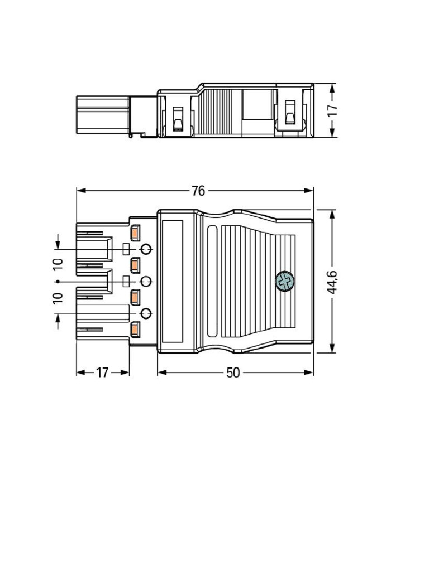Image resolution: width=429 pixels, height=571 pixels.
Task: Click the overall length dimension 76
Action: click(x=198, y=191)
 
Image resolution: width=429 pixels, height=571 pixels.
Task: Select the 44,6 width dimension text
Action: click(x=332, y=282)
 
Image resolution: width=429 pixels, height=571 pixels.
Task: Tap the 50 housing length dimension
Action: click(x=233, y=372)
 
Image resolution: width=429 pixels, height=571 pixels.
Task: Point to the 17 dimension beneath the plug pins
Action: click(x=102, y=372)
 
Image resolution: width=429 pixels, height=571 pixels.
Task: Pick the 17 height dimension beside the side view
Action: click(x=333, y=110)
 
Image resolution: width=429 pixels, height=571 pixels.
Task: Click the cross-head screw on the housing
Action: click(x=285, y=282)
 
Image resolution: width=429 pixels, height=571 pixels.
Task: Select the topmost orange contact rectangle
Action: click(x=135, y=232)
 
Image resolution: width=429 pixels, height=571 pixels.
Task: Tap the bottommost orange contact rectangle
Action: click(x=135, y=331)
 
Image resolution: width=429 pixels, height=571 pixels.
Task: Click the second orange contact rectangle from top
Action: click(x=135, y=265)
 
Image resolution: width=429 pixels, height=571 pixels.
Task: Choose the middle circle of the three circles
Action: click(x=146, y=282)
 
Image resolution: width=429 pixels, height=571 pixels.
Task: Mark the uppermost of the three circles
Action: click(x=146, y=249)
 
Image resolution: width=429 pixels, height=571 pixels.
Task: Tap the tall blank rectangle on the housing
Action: click(x=173, y=282)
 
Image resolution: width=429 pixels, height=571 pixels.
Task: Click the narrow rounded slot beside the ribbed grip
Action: click(x=212, y=282)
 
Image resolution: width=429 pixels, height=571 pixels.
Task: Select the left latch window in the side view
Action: click(x=178, y=118)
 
